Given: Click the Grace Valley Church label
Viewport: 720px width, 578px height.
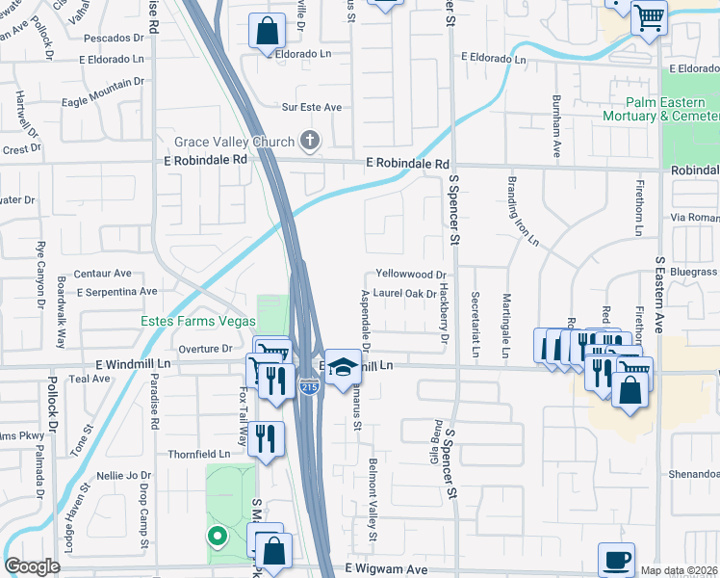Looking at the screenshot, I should (x=234, y=142).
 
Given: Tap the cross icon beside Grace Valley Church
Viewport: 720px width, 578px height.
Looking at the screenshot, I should (x=309, y=142).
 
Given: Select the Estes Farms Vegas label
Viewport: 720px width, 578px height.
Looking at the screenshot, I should (x=198, y=321).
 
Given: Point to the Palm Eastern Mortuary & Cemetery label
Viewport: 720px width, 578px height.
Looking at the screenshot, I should (x=670, y=109).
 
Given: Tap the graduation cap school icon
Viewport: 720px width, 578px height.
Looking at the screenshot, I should (x=341, y=367).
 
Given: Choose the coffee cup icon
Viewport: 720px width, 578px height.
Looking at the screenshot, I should (x=616, y=559).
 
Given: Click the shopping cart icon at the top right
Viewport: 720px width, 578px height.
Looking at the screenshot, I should (x=649, y=16).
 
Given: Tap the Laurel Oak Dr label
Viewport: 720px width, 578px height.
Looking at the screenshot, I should (x=405, y=294).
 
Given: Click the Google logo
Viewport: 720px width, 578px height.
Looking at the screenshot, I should (x=33, y=566).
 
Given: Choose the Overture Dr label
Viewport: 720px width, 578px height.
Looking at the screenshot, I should (x=206, y=348).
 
